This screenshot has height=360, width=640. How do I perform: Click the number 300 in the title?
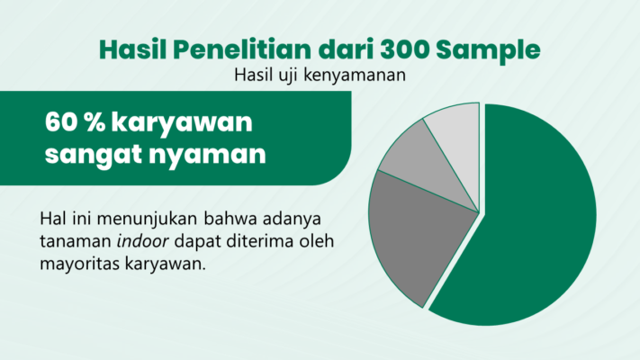click(403, 49)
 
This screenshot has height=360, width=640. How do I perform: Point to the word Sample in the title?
click(488, 50)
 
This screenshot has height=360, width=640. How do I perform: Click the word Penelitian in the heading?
click(241, 49)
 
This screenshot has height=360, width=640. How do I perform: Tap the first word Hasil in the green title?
click(132, 49)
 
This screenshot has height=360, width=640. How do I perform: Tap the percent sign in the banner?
click(95, 122)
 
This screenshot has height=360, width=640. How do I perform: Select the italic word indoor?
click(142, 241)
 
